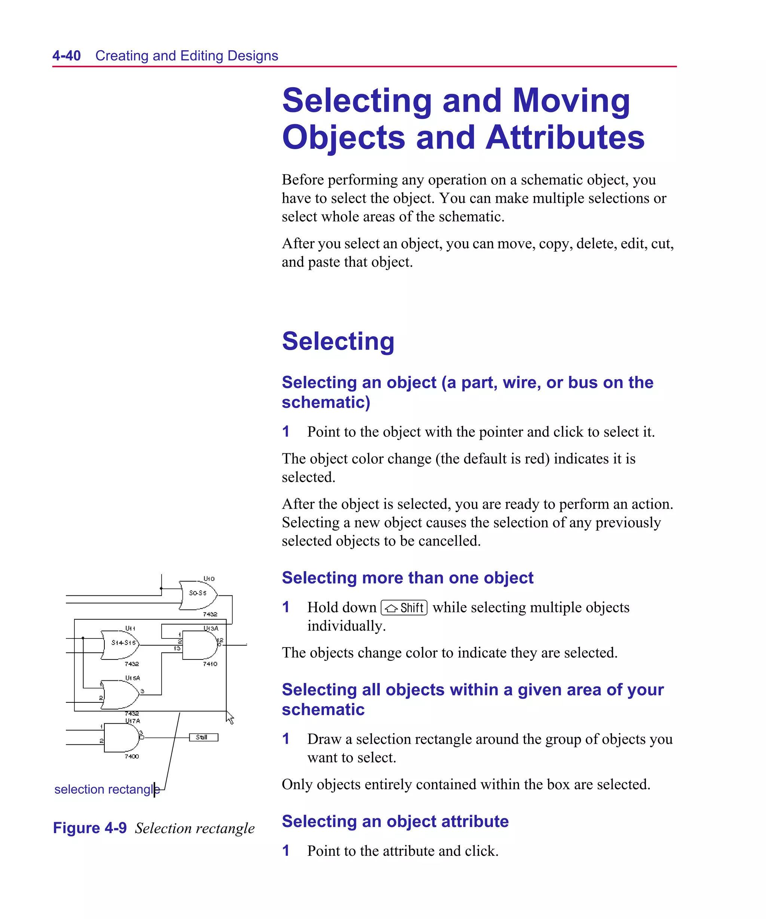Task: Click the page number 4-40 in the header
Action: (67, 56)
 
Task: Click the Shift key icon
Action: (404, 608)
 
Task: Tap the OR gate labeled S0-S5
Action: (198, 595)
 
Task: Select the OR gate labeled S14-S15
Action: (120, 644)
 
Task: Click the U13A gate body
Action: (199, 645)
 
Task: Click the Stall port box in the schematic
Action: (203, 737)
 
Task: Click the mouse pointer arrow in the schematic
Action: (230, 718)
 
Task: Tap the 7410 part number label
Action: (210, 664)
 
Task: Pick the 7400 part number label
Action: (131, 756)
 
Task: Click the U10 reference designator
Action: (209, 579)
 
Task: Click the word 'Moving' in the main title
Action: (571, 101)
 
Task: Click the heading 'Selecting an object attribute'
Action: (395, 821)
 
